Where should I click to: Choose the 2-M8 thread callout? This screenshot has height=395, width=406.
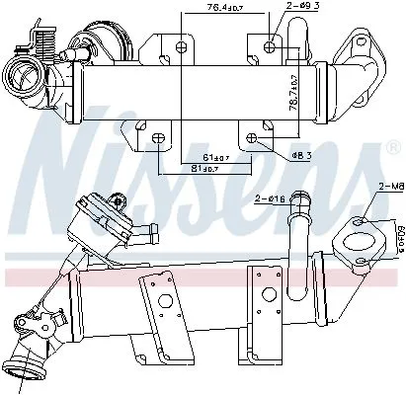tap(388, 186)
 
